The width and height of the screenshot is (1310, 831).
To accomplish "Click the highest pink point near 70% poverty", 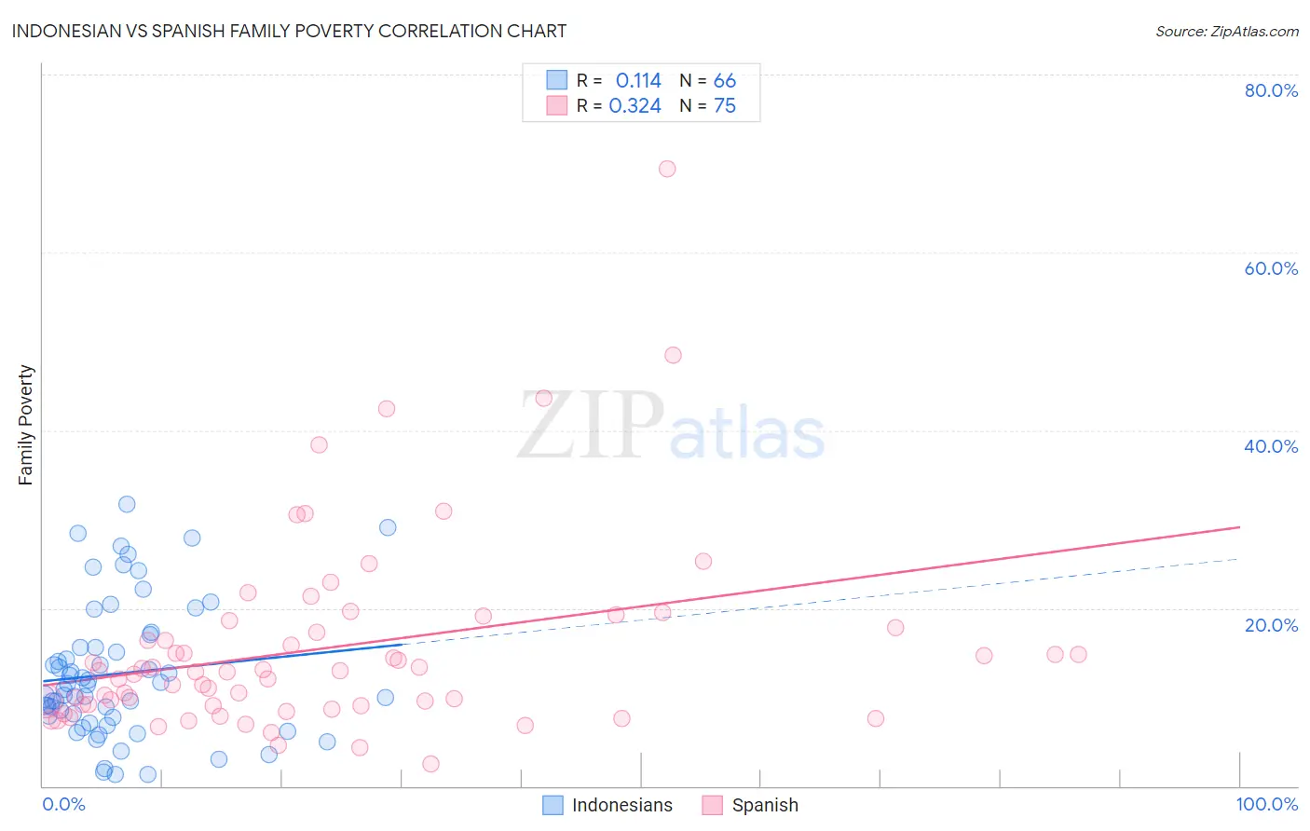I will (x=667, y=169).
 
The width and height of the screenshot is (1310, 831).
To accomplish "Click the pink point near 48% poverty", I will (x=673, y=355).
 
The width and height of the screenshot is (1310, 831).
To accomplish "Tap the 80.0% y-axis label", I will (x=1271, y=90).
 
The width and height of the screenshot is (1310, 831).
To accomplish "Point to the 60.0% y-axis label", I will (x=1271, y=268).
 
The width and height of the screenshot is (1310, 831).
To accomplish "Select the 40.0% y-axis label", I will (x=1271, y=446).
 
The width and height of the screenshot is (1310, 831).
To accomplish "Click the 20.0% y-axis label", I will (x=1271, y=625).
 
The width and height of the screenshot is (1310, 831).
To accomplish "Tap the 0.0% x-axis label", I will (x=63, y=804).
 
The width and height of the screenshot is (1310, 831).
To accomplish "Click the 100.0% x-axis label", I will (x=1266, y=804).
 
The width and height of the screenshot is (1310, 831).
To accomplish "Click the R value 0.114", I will (x=638, y=81).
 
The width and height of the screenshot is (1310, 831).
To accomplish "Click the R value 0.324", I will (x=635, y=106).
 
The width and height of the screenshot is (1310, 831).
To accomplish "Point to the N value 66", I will (x=724, y=81).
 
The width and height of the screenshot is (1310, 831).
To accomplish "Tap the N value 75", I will (x=724, y=106).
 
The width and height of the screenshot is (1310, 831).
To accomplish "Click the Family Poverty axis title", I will (x=26, y=425).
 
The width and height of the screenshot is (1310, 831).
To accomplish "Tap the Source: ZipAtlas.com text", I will (x=1226, y=32).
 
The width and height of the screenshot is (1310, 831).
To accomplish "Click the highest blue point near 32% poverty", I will (x=127, y=504).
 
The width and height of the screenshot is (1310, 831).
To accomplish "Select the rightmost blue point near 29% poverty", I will (x=388, y=527).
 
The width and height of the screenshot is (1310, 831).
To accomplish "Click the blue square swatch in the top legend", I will (x=556, y=80).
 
